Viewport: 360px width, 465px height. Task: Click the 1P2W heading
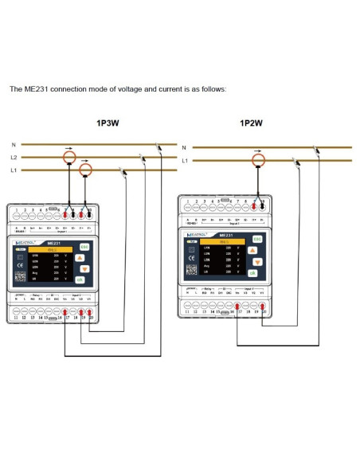pyautogui.click(x=252, y=123)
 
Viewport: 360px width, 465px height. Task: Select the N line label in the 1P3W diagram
pyautogui.click(x=13, y=144)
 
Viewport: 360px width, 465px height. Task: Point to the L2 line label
pyautogui.click(x=14, y=158)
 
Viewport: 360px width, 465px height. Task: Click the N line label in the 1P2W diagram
pyautogui.click(x=184, y=147)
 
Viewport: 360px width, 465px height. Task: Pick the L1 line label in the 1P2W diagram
pyautogui.click(x=185, y=161)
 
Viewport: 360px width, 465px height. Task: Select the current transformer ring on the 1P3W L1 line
pyautogui.click(x=86, y=170)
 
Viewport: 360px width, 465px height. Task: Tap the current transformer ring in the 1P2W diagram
pyautogui.click(x=257, y=161)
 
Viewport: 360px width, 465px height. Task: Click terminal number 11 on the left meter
pyautogui.click(x=15, y=318)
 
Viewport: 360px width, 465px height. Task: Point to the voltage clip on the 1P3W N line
pyautogui.click(x=160, y=146)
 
